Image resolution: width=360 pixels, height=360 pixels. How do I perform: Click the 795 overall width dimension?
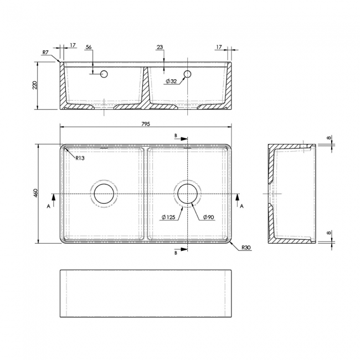[146, 124]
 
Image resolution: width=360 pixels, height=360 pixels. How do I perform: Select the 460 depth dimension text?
[35, 193]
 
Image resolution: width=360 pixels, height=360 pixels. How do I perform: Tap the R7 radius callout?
[45, 53]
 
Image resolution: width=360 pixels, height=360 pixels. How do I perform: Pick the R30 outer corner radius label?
[246, 248]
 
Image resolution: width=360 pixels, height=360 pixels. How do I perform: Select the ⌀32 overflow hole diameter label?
[171, 81]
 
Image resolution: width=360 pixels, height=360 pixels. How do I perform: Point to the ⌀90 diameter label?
[209, 217]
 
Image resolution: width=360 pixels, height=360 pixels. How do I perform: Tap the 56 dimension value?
[89, 48]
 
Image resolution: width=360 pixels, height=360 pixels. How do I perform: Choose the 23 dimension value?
[160, 48]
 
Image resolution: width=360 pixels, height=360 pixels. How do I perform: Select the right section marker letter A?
[241, 205]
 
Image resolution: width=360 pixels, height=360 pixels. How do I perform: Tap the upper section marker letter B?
[176, 136]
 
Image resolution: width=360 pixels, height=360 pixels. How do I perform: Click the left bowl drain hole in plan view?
[104, 193]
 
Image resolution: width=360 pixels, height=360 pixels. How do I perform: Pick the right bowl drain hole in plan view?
[188, 193]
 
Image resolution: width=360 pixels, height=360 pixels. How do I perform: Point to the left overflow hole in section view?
[103, 74]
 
